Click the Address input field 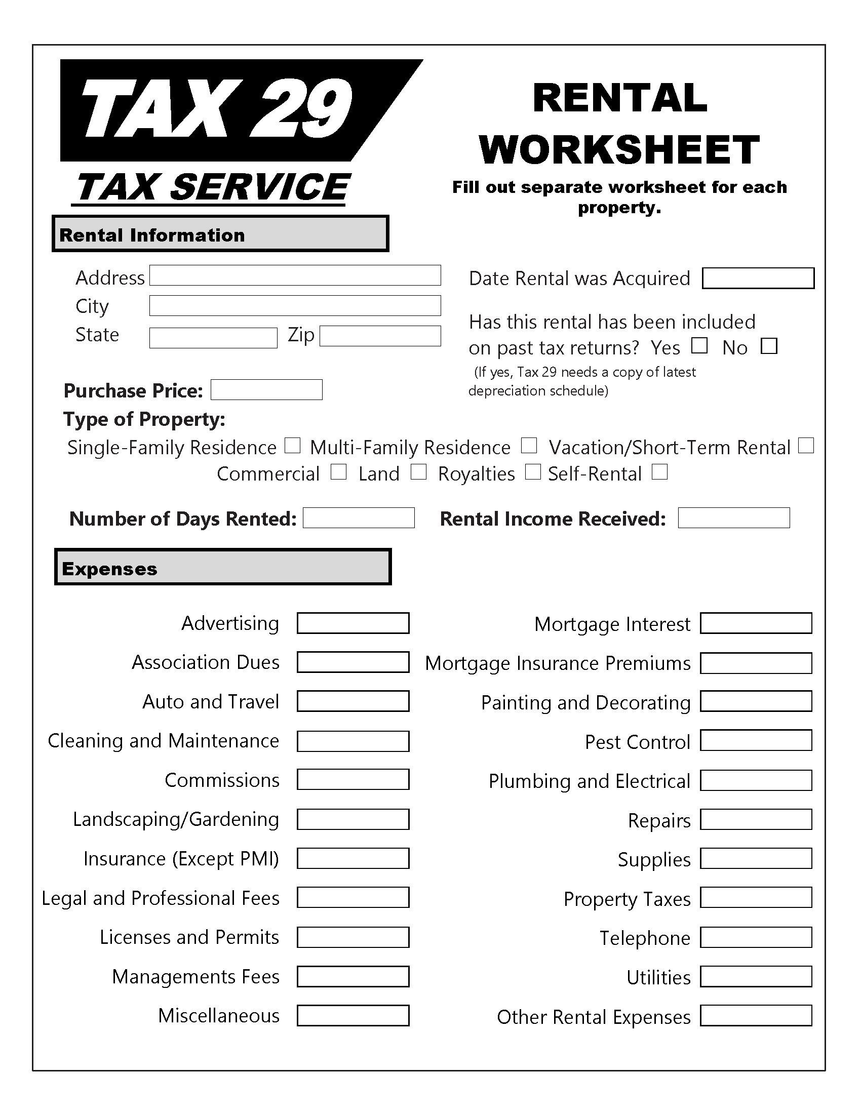[295, 275]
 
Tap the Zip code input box [380, 336]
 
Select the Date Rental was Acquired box [758, 278]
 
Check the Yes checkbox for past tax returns [699, 346]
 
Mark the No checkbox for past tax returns [769, 346]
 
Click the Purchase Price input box [266, 390]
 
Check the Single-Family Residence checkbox [292, 446]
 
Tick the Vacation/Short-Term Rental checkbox [806, 446]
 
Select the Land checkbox [418, 472]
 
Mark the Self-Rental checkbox [659, 472]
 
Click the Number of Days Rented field [359, 518]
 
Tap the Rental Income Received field [733, 518]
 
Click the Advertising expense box [353, 623]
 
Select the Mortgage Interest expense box [756, 623]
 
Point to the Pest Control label [637, 742]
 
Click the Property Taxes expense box [756, 898]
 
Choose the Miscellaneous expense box [353, 1016]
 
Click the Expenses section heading [110, 569]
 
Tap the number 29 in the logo [301, 110]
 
